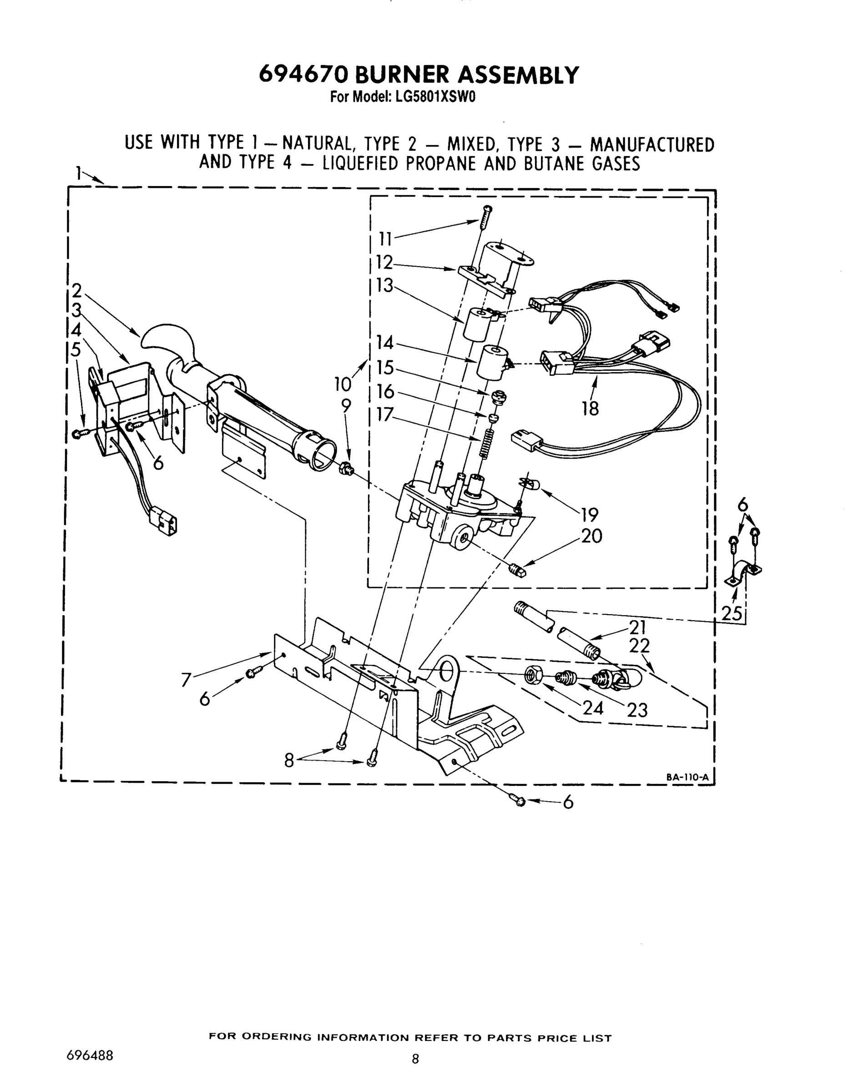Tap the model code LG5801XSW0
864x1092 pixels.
432,97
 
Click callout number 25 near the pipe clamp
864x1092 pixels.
732,613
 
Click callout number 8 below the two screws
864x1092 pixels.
289,760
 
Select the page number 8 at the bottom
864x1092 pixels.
415,1058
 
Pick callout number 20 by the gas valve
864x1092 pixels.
591,536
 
